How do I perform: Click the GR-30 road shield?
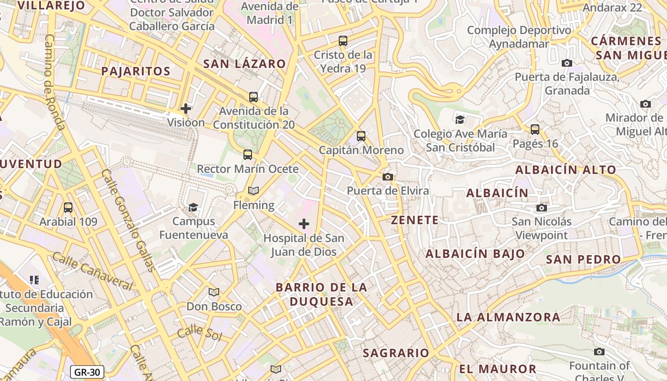pyautogui.click(x=87, y=372)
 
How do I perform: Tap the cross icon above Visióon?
pyautogui.click(x=186, y=109)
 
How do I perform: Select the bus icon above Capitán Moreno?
pyautogui.click(x=361, y=136)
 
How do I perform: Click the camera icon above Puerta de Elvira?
pyautogui.click(x=388, y=177)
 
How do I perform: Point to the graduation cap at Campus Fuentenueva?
pyautogui.click(x=193, y=207)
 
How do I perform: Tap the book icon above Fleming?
pyautogui.click(x=253, y=191)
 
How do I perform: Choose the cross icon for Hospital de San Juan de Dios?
pyautogui.click(x=303, y=224)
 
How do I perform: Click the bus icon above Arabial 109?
pyautogui.click(x=68, y=208)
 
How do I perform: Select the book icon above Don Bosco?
pyautogui.click(x=214, y=292)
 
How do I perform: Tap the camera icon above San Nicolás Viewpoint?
pyautogui.click(x=541, y=208)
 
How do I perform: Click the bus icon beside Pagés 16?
pyautogui.click(x=535, y=129)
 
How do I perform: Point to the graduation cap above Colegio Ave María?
pyautogui.click(x=460, y=120)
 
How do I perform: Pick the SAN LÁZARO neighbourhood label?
pyautogui.click(x=244, y=64)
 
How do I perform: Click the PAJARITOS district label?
pyautogui.click(x=136, y=71)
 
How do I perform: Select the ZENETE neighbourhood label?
pyautogui.click(x=414, y=220)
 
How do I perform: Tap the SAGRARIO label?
pyautogui.click(x=396, y=353)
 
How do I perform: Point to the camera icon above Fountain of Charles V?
pyautogui.click(x=599, y=352)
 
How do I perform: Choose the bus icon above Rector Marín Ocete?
pyautogui.click(x=248, y=155)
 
